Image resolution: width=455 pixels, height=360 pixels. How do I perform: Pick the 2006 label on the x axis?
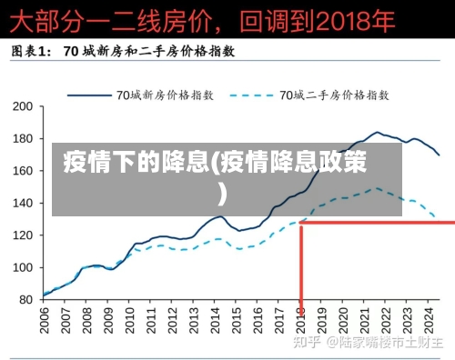(45, 321)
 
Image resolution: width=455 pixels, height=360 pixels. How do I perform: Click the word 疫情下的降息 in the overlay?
(136, 165)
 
